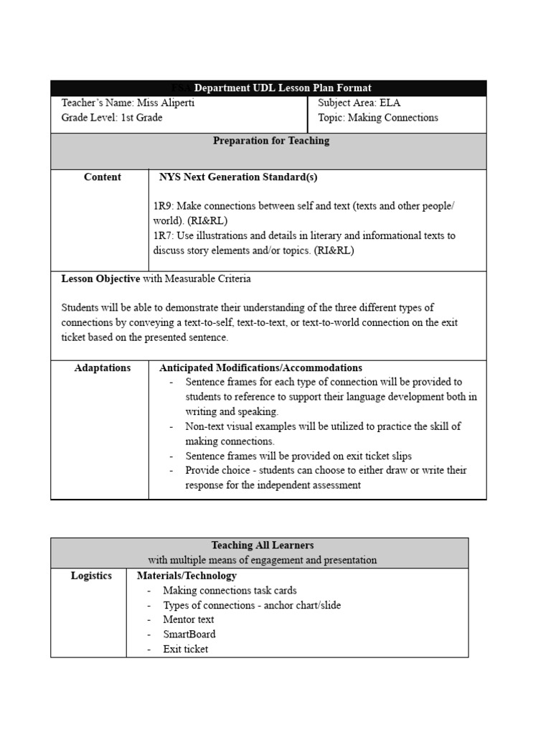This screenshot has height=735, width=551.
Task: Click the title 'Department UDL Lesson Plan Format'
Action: point(283,88)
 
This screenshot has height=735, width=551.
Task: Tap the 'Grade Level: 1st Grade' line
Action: point(112,118)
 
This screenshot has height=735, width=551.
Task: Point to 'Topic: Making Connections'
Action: point(377,118)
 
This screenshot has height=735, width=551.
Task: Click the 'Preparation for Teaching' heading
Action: point(271,141)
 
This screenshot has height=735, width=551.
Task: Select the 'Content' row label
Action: point(103,177)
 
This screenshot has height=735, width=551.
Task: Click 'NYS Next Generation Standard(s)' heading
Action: point(237,177)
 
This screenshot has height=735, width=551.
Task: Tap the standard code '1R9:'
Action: point(163,206)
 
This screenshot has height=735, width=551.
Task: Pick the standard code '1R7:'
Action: point(163,235)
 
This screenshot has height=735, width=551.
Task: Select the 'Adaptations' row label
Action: point(103,368)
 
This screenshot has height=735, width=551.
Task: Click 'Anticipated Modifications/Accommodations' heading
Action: point(260,368)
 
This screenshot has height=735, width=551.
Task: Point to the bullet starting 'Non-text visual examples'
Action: point(323,426)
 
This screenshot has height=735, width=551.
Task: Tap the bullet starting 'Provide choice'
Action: point(326,470)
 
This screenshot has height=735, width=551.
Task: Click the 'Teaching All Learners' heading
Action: point(263,546)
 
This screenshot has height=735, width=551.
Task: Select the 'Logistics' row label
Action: point(91,576)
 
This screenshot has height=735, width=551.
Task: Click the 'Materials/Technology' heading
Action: point(187,576)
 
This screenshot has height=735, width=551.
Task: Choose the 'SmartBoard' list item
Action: point(189,635)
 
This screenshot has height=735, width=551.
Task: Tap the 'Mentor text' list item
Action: point(188,619)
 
